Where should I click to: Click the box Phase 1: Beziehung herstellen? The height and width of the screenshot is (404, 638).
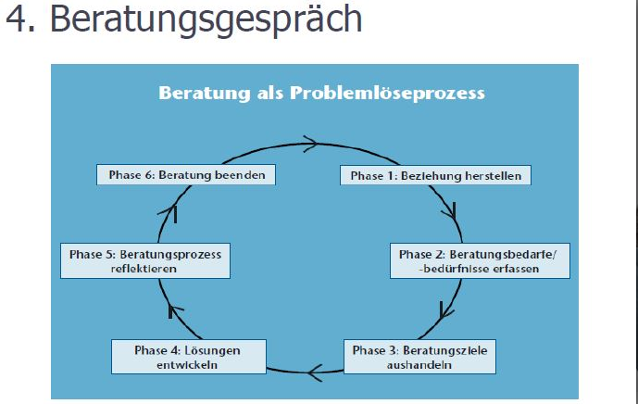tap(435, 175)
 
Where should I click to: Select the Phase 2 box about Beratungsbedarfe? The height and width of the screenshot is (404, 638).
tap(481, 261)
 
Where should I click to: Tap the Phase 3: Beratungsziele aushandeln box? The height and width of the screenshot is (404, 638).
tap(419, 357)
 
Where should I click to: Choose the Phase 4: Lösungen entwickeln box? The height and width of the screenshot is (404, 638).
tap(189, 357)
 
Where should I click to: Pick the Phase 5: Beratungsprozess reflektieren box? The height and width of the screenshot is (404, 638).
tap(145, 261)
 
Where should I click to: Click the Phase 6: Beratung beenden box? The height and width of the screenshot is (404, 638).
tap(186, 175)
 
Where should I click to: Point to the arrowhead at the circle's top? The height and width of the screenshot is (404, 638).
tap(311, 144)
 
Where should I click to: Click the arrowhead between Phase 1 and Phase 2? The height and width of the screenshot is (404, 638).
tap(450, 211)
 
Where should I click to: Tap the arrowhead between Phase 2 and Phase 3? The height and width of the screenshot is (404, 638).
tap(446, 310)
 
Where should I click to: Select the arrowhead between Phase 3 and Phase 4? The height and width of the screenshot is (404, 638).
tap(316, 372)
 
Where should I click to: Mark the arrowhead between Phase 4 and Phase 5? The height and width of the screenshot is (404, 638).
tap(175, 311)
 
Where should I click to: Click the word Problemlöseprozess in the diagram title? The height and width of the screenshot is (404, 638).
tap(387, 94)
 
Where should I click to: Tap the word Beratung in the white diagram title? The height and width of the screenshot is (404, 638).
tap(205, 93)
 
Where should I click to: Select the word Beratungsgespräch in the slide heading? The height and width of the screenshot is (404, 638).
tap(206, 20)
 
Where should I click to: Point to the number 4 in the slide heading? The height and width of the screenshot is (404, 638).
tap(17, 19)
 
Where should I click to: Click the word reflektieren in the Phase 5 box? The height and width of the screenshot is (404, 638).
tap(144, 269)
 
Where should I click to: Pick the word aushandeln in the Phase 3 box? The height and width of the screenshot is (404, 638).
tap(419, 365)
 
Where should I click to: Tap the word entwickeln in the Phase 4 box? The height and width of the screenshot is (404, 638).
tap(187, 365)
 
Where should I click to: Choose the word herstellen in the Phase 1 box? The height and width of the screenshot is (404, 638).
tap(494, 176)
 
